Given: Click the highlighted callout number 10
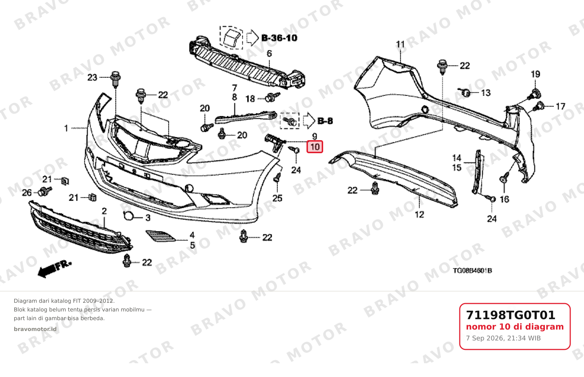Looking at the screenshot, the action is [315, 147].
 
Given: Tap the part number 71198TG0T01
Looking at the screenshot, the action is [510, 315].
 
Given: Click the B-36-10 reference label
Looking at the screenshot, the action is [279, 38].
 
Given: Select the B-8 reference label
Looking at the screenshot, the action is [325, 121].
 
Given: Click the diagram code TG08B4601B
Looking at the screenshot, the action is [472, 271].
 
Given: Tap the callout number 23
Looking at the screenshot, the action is [92, 78].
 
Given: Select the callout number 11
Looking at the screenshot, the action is [400, 45].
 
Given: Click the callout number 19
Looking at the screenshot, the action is [535, 74].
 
